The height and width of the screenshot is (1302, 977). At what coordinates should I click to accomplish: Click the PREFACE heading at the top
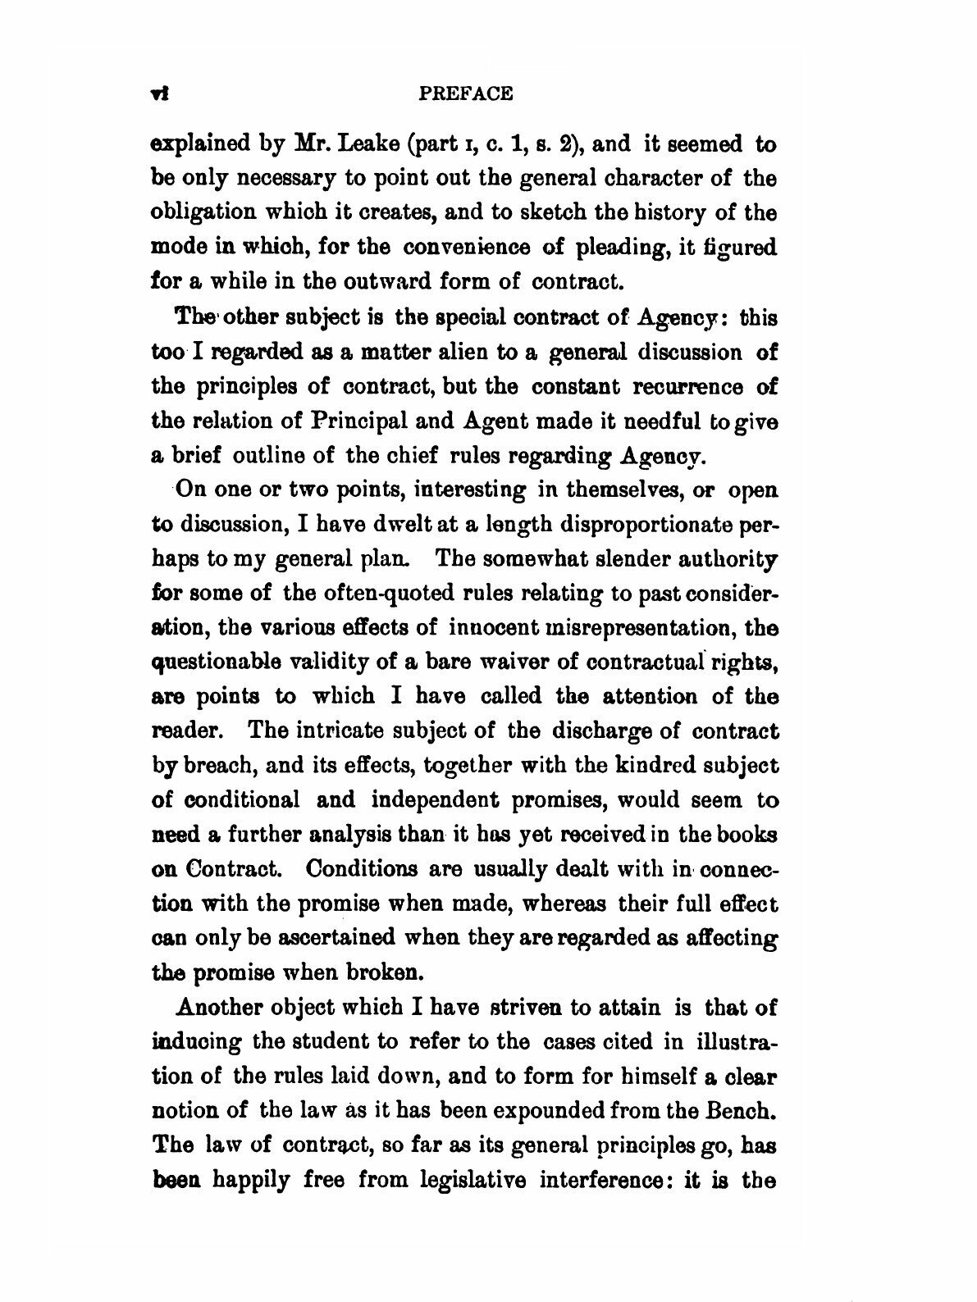point(465,93)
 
